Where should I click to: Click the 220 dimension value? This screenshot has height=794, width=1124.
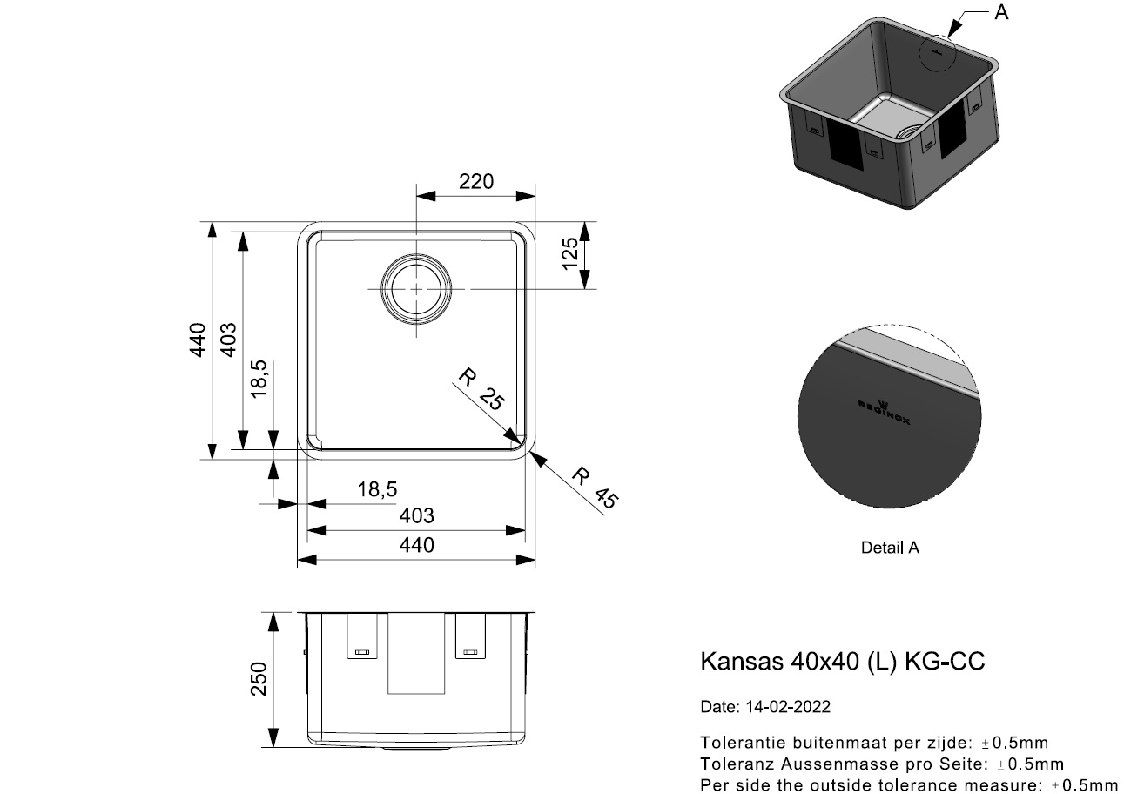tap(475, 181)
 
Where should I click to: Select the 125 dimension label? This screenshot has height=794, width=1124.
tap(570, 253)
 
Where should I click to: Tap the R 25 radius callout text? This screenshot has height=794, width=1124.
tap(481, 389)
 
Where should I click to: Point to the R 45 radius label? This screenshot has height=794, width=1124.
tap(595, 488)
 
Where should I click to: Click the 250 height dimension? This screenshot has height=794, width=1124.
tap(259, 678)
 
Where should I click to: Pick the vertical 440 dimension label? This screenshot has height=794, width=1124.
tap(198, 340)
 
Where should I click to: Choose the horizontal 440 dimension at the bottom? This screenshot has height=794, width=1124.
tap(416, 545)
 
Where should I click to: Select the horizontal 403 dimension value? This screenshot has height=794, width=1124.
tap(416, 516)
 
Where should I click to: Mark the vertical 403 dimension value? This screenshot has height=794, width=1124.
tap(228, 340)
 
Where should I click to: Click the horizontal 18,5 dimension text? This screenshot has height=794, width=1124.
tap(377, 489)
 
